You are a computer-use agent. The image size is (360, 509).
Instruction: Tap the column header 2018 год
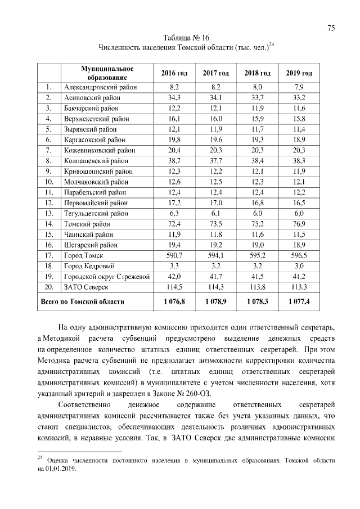pyautogui.click(x=258, y=73)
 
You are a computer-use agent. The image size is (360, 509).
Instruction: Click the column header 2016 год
pyautogui.click(x=174, y=73)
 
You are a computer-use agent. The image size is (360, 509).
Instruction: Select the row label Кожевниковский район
pyautogui.click(x=99, y=150)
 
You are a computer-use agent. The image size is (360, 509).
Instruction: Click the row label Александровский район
pyautogui.click(x=100, y=87)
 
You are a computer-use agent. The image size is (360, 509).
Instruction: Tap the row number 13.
pyautogui.click(x=49, y=213)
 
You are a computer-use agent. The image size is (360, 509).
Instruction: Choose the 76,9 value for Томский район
pyautogui.click(x=299, y=224)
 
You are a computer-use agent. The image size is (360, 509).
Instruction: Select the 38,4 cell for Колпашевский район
pyautogui.click(x=258, y=161)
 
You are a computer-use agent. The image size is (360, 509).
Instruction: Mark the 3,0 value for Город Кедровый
pyautogui.click(x=299, y=266)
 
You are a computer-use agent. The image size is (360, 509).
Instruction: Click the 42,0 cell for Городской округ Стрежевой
pyautogui.click(x=174, y=277)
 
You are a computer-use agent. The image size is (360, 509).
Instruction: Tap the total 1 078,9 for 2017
pyautogui.click(x=216, y=302)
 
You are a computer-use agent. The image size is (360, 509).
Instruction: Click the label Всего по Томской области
pyautogui.click(x=82, y=302)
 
